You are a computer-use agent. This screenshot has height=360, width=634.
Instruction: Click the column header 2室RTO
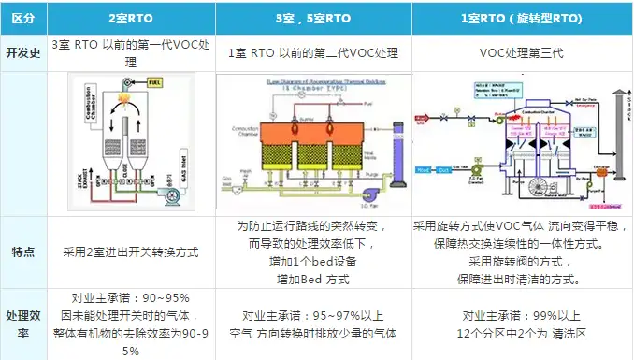(135, 17)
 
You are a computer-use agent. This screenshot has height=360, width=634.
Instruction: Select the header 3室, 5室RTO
(313, 17)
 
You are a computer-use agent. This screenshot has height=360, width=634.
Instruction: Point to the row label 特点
(22, 252)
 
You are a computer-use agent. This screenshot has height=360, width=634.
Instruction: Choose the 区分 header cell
(22, 17)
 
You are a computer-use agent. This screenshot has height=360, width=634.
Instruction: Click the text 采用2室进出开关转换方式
(135, 252)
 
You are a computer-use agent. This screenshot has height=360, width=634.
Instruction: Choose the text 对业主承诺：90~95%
(135, 296)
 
